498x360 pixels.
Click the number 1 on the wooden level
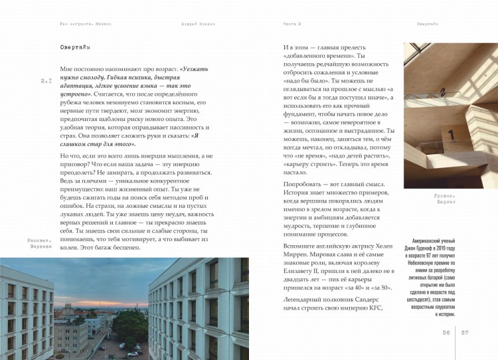click(451, 134)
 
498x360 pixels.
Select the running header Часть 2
click(293, 23)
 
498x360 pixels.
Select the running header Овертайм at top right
click(428, 23)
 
